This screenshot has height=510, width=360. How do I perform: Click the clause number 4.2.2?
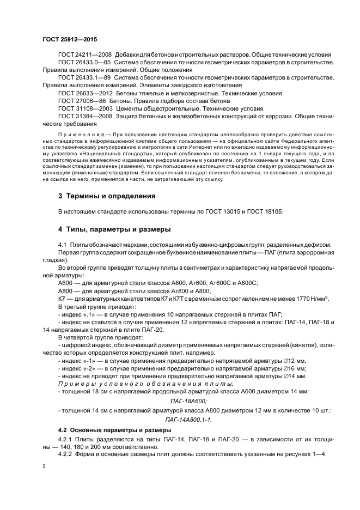pos(66,455)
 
